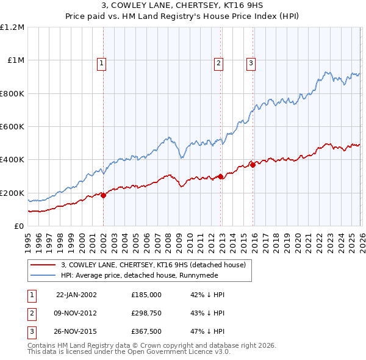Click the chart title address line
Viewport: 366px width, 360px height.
tap(182, 6)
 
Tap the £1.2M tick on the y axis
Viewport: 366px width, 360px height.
tap(12, 27)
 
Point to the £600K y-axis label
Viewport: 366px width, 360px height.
tap(12, 127)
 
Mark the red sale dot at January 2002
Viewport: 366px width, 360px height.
tap(103, 195)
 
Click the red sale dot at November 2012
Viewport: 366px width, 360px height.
tap(220, 177)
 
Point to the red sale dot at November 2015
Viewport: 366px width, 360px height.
tap(253, 165)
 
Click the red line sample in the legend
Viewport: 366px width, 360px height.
tap(44, 265)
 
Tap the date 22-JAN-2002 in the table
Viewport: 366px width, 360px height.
tap(76, 294)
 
